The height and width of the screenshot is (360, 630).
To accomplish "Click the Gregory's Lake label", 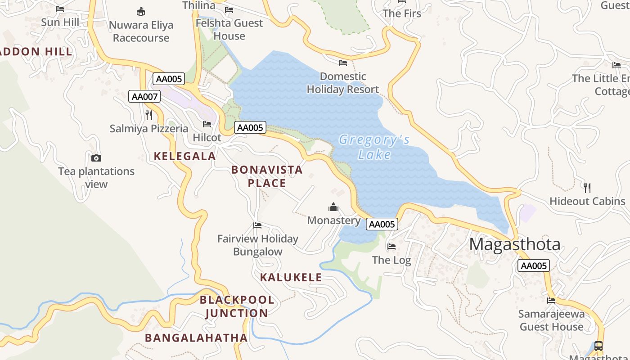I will coord(374,147).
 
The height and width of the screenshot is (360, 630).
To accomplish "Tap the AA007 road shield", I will coord(144,96).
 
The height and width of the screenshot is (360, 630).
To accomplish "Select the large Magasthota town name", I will coord(515,244).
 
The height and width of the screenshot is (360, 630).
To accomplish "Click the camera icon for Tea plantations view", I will coord(96,158).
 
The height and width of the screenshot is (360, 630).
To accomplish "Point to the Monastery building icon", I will coord(333,207).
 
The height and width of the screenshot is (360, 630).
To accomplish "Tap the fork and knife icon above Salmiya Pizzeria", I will coord(149,115).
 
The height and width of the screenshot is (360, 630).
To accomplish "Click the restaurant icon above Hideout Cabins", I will coord(587,188).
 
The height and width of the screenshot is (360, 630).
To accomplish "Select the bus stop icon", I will coord(598,346).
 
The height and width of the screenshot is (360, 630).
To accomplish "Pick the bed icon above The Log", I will coord(391,247).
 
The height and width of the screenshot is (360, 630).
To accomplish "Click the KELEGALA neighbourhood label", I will coord(185,156).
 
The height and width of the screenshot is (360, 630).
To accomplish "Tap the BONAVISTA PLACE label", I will coord(267,176).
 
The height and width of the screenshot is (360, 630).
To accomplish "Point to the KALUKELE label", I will coord(291,277).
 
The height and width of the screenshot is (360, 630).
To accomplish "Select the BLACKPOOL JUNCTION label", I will coord(237,306).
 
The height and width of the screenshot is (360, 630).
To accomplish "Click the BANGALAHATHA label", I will coord(196,337).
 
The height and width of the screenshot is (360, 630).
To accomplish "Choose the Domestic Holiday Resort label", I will coord(343,83).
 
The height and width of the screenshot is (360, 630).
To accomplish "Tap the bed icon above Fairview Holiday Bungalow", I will coord(257,225).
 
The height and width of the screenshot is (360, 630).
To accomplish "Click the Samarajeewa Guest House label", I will coord(552,320).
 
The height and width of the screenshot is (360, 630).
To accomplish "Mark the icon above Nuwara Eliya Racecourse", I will coord(141,11).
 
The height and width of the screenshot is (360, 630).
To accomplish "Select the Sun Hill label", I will coord(60,22).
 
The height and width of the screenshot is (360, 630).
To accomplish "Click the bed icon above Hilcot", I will coord(207,124).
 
